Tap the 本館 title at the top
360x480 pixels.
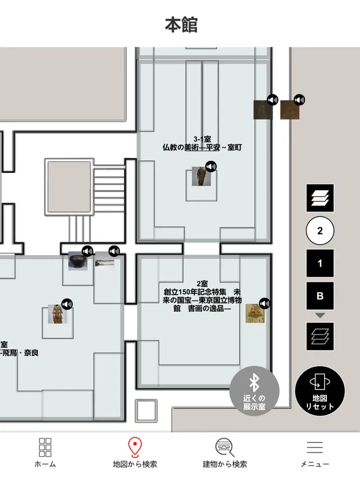(181, 25)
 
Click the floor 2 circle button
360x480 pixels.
(320, 230)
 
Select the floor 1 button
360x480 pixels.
(320, 263)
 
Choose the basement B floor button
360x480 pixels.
(320, 296)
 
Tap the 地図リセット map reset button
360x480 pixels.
(320, 391)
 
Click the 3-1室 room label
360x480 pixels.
(202, 139)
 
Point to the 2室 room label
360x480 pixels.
(202, 284)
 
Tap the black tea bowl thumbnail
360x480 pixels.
(77, 261)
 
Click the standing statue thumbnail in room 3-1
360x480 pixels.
(202, 176)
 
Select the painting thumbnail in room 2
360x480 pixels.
(255, 313)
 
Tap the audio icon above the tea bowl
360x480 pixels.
(88, 251)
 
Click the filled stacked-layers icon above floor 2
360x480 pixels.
(320, 197)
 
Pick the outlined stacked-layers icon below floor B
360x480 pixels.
(320, 336)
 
